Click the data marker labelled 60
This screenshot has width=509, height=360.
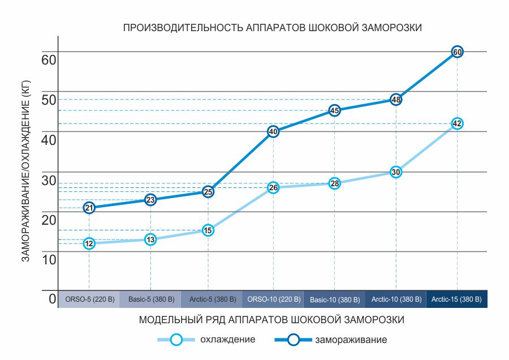click(458, 52)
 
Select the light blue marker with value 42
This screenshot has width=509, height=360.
click(458, 123)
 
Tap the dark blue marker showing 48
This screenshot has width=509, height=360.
click(396, 100)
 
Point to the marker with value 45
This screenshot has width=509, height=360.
click(334, 110)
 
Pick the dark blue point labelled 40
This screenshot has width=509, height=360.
click(273, 131)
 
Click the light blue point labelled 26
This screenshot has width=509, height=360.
click(273, 187)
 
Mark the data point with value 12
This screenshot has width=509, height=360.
click(89, 243)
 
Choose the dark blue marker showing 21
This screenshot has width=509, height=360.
click(89, 208)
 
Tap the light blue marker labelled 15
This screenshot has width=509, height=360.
click(208, 230)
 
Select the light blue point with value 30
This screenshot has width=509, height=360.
click(396, 172)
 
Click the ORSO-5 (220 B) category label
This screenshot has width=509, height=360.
click(89, 299)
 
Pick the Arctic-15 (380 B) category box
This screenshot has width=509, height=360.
click(457, 299)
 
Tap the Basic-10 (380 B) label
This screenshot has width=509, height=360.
click(334, 299)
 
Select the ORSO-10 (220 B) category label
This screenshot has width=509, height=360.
click(273, 299)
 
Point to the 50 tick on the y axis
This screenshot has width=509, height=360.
click(49, 99)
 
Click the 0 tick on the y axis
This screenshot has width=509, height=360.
click(52, 298)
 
